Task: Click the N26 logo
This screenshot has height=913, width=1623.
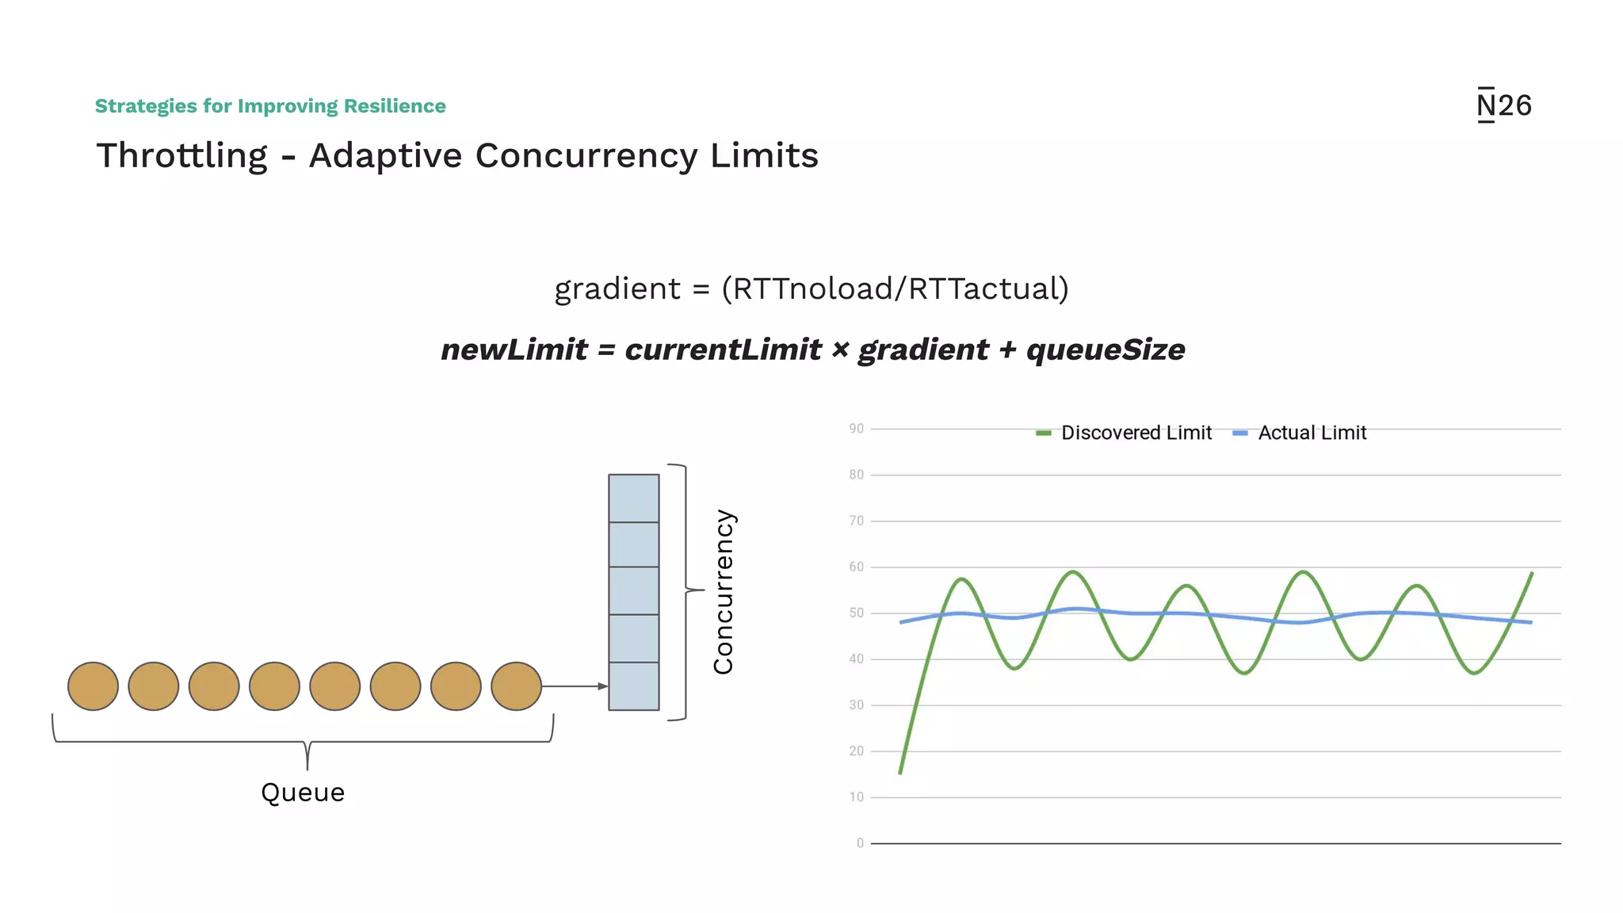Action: point(1503,105)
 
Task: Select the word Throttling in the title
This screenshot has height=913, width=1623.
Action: point(182,155)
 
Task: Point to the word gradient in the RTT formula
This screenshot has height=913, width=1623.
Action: point(617,288)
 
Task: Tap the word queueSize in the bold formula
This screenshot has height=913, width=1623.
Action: point(1105,350)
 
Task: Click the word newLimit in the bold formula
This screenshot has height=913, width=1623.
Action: point(514,350)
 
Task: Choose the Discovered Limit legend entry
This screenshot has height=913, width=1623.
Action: point(1125,433)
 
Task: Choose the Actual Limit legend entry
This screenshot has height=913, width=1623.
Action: point(1301,433)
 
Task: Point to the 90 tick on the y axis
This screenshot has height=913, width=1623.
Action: point(856,429)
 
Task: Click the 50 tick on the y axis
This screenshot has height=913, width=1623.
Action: point(856,613)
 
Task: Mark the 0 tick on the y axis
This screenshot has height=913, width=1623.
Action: point(860,843)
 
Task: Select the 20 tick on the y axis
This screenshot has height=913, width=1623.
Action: point(856,751)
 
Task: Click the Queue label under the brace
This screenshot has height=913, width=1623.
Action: point(303,793)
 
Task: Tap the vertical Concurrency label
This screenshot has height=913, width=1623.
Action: point(723,591)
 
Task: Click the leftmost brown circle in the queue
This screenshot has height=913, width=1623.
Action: point(93,686)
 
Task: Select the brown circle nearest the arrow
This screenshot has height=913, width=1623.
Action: point(516,686)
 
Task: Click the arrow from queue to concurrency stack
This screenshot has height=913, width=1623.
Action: point(575,686)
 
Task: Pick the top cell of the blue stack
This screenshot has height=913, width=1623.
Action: point(633,498)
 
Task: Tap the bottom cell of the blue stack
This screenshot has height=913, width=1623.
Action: point(633,686)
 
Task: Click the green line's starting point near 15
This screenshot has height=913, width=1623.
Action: point(901,771)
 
